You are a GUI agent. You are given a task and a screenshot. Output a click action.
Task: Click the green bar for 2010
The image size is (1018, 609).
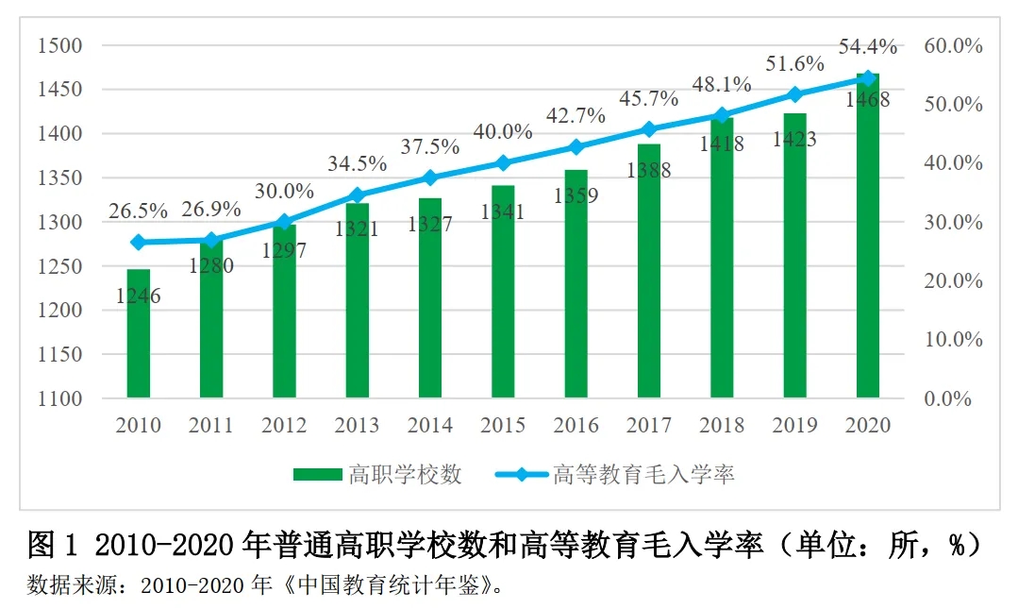[x=139, y=335]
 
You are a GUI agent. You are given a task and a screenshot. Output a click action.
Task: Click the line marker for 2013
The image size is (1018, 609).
[x=357, y=195]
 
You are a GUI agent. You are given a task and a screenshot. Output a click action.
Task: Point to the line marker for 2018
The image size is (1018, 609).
[x=722, y=115]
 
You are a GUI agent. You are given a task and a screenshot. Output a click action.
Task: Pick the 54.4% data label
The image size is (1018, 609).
[x=866, y=46]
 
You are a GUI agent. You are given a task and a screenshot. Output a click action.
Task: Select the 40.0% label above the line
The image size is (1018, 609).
[x=503, y=131]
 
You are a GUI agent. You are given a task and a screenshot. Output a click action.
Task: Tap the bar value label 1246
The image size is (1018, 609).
[x=138, y=296]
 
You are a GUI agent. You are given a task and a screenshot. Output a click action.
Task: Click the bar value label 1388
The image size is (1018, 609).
[x=648, y=171]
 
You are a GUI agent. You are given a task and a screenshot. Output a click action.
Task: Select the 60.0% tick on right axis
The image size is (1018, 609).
[x=953, y=45]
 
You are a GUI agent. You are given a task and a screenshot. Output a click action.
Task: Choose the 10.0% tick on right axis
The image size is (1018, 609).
[x=953, y=340]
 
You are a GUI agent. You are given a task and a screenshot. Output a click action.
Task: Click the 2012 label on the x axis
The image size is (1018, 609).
[x=284, y=426]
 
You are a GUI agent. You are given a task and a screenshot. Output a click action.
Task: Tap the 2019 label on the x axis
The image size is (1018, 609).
[x=794, y=426]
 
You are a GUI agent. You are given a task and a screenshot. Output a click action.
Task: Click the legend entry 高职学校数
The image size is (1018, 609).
[x=377, y=474]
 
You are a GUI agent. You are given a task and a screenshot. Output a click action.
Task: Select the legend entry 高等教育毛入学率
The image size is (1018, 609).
[x=613, y=474]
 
